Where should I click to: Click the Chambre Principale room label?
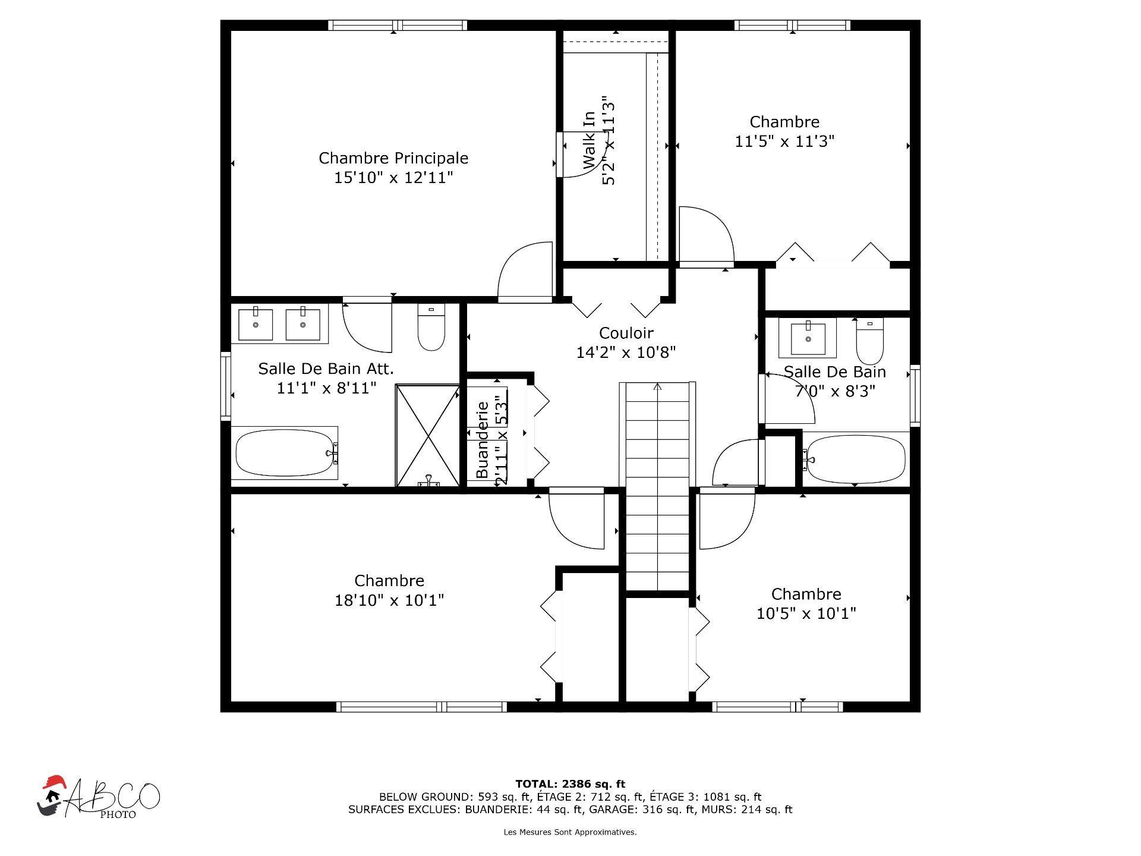[393, 158]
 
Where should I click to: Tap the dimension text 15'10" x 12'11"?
[393, 178]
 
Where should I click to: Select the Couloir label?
[626, 333]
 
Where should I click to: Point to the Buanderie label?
[483, 439]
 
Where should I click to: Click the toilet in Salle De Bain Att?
[431, 328]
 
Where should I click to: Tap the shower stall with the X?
[427, 436]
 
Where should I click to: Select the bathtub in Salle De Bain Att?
[285, 453]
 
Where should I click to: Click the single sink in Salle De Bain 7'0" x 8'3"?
[808, 337]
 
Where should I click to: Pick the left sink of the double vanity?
[256, 323]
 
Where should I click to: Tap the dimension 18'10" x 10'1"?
[389, 600]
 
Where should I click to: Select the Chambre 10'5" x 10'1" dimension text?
[806, 613]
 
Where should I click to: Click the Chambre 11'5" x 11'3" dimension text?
[784, 141]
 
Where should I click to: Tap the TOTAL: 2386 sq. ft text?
[570, 784]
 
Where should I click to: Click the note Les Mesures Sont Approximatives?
[570, 832]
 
